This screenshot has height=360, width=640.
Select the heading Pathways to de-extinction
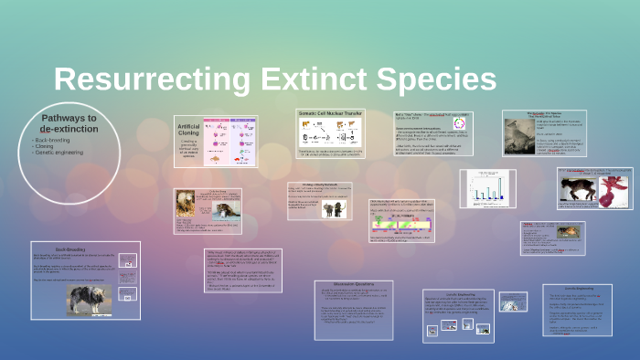coord(69,124)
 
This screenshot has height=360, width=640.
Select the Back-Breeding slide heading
coord(69,248)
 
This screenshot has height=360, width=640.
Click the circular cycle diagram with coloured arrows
coord(459,124)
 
